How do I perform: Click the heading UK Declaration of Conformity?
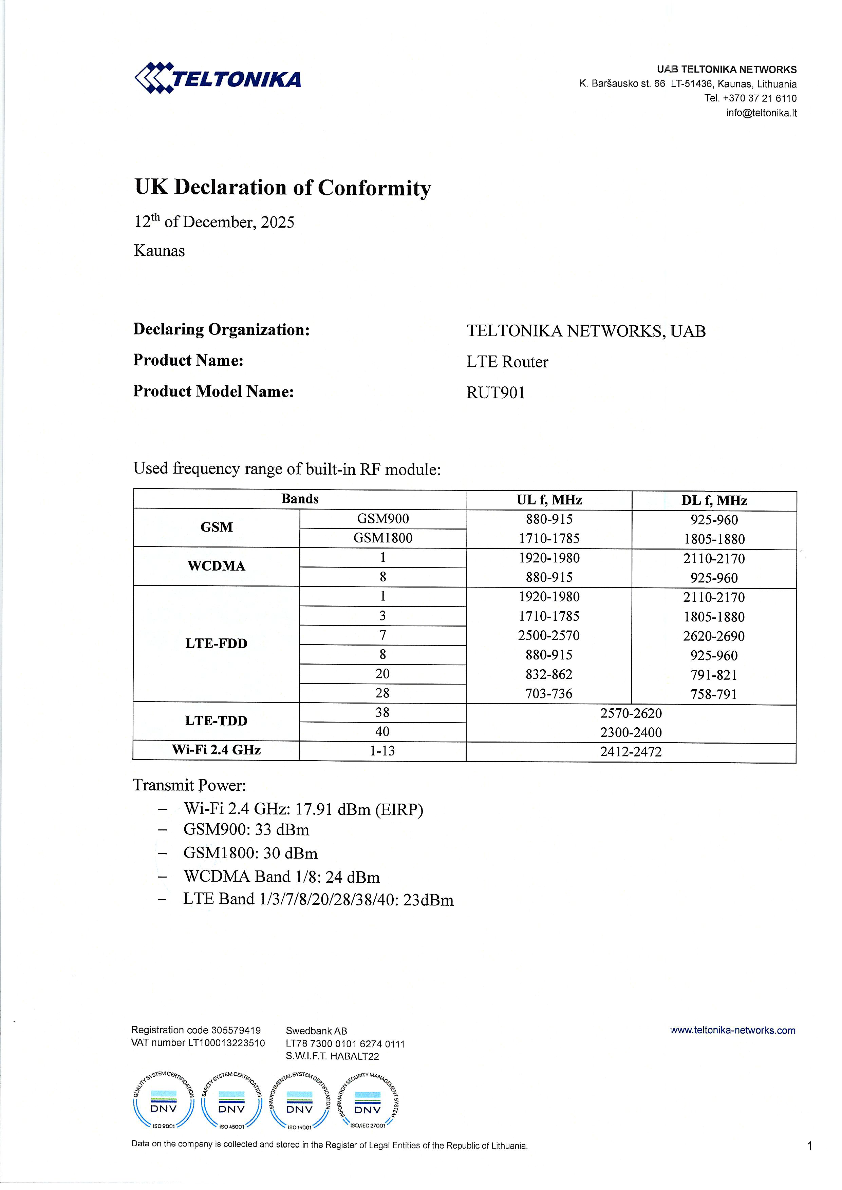click(x=283, y=188)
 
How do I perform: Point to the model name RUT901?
click(x=495, y=393)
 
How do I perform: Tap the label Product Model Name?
click(x=213, y=391)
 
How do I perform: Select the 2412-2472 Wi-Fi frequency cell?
click(x=631, y=752)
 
